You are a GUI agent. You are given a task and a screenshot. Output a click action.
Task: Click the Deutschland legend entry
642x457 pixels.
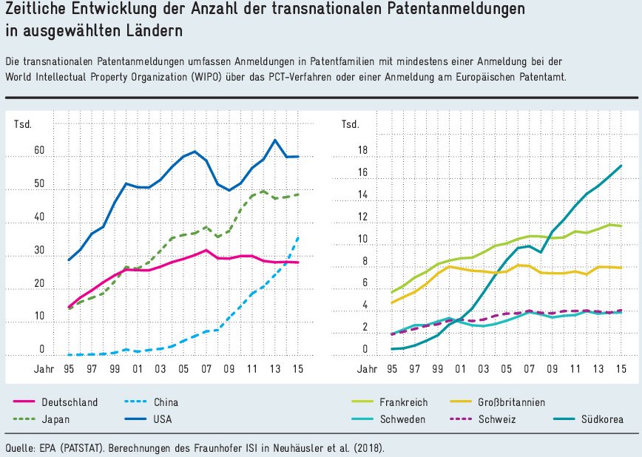[69, 402]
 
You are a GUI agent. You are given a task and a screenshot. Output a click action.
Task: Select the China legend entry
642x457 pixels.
[166, 402]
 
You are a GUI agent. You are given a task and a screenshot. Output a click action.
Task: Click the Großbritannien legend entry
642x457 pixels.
[510, 402]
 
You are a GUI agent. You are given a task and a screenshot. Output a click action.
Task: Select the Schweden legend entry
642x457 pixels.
[404, 419]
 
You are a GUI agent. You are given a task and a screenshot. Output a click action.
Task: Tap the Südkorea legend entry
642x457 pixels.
[600, 419]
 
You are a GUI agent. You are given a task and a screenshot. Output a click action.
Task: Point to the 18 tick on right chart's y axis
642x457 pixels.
[362, 151]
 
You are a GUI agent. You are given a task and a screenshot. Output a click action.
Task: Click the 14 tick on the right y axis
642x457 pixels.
[362, 195]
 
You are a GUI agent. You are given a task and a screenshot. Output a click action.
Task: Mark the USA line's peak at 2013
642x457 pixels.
[275, 140]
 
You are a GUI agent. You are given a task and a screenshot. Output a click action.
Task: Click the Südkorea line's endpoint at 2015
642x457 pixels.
[621, 166]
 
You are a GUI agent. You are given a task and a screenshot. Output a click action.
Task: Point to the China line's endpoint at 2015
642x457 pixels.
[298, 237]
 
